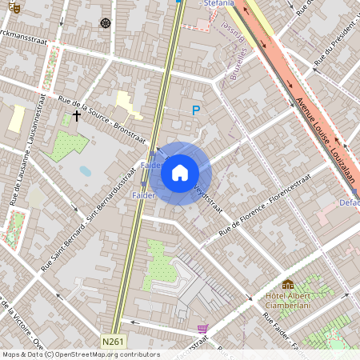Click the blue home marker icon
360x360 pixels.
pos(180,172)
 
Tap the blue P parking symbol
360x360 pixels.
pos(195,110)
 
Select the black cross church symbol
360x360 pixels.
pos(77,116)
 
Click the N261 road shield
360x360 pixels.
pos(114,342)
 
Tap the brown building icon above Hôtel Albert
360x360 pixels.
pos(288,285)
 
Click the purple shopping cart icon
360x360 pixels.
pos(202,328)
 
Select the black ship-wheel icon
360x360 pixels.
pos(105,22)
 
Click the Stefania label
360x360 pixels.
pos(218,4)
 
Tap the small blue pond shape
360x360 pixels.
pos(86,171)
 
